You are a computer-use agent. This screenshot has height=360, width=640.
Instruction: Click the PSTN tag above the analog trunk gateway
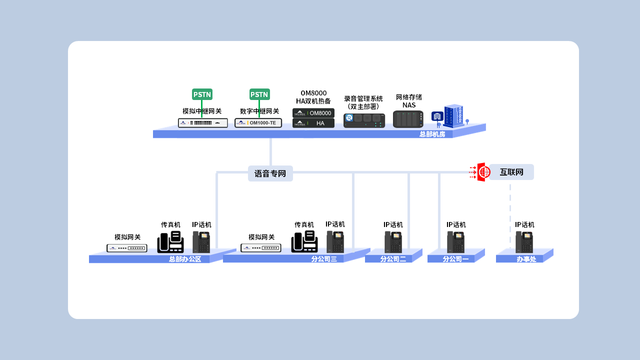[202, 94]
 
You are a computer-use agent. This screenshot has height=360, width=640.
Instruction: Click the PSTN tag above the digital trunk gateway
[259, 94]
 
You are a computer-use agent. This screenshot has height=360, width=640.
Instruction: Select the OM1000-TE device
[258, 123]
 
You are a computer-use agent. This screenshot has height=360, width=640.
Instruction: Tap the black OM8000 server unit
[313, 113]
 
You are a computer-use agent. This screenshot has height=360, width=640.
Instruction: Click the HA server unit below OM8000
[313, 123]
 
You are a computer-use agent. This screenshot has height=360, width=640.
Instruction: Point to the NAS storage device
[408, 119]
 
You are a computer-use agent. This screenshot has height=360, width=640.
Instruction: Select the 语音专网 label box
[270, 173]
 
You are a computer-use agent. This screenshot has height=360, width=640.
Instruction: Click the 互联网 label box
[511, 172]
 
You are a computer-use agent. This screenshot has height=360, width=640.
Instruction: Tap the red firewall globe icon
[483, 172]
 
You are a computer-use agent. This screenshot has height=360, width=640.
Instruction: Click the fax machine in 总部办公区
[170, 242]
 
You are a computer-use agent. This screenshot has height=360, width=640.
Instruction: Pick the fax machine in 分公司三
[304, 242]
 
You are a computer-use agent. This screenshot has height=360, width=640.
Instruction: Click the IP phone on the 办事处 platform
[524, 242]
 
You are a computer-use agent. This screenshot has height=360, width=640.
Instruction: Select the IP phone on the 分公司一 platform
[456, 242]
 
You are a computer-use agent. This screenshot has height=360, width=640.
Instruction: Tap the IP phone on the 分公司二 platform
[393, 242]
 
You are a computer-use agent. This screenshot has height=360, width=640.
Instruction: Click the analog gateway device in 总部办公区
[127, 248]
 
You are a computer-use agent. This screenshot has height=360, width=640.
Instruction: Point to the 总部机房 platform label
[432, 134]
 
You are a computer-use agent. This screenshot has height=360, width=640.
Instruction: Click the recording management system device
[364, 120]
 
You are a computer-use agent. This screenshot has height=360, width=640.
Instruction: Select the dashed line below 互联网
[510, 215]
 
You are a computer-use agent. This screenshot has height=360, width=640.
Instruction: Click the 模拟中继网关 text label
[202, 111]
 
